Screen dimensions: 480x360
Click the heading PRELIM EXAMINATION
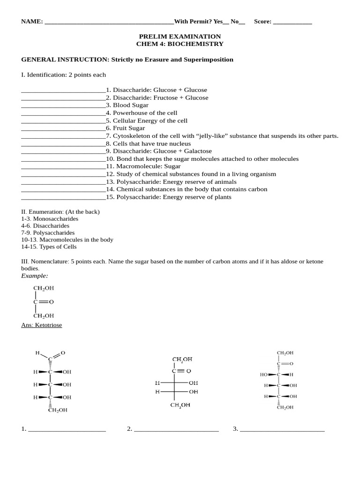point(180,37)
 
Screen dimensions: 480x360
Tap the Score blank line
point(292,22)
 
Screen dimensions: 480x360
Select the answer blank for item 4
point(63,113)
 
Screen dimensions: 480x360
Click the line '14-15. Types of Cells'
point(49,247)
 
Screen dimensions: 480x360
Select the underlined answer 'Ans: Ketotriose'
point(42,325)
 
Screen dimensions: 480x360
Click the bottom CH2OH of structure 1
point(57,410)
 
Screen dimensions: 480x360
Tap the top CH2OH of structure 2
point(182,360)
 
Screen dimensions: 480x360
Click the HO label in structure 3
point(263,375)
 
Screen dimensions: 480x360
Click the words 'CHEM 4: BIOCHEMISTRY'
point(180,44)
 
